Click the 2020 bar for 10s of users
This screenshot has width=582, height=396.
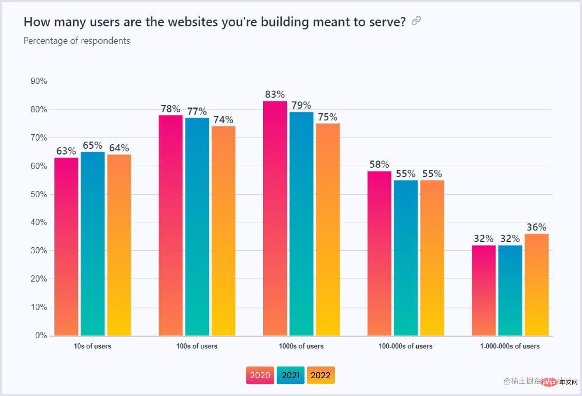[66, 246]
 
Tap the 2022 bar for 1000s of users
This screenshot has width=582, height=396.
[328, 230]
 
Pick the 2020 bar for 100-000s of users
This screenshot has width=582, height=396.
[379, 253]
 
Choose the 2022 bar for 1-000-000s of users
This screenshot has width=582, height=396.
[536, 285]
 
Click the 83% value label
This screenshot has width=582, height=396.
[275, 94]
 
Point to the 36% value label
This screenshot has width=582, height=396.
[536, 227]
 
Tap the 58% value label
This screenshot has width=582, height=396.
[379, 164]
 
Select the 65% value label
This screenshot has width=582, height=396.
[93, 145]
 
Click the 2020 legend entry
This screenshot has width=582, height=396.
[260, 375]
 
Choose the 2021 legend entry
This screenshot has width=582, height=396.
[290, 375]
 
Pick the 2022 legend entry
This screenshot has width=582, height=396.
[321, 375]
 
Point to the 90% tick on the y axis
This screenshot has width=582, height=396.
[39, 81]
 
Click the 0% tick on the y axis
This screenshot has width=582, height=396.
[41, 336]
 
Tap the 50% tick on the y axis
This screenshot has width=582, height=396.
[39, 194]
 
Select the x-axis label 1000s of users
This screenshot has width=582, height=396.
[301, 346]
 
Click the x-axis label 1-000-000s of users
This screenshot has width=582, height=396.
[510, 346]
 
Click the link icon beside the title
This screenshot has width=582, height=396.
[416, 21]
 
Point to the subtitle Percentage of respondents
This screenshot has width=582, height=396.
[77, 41]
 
